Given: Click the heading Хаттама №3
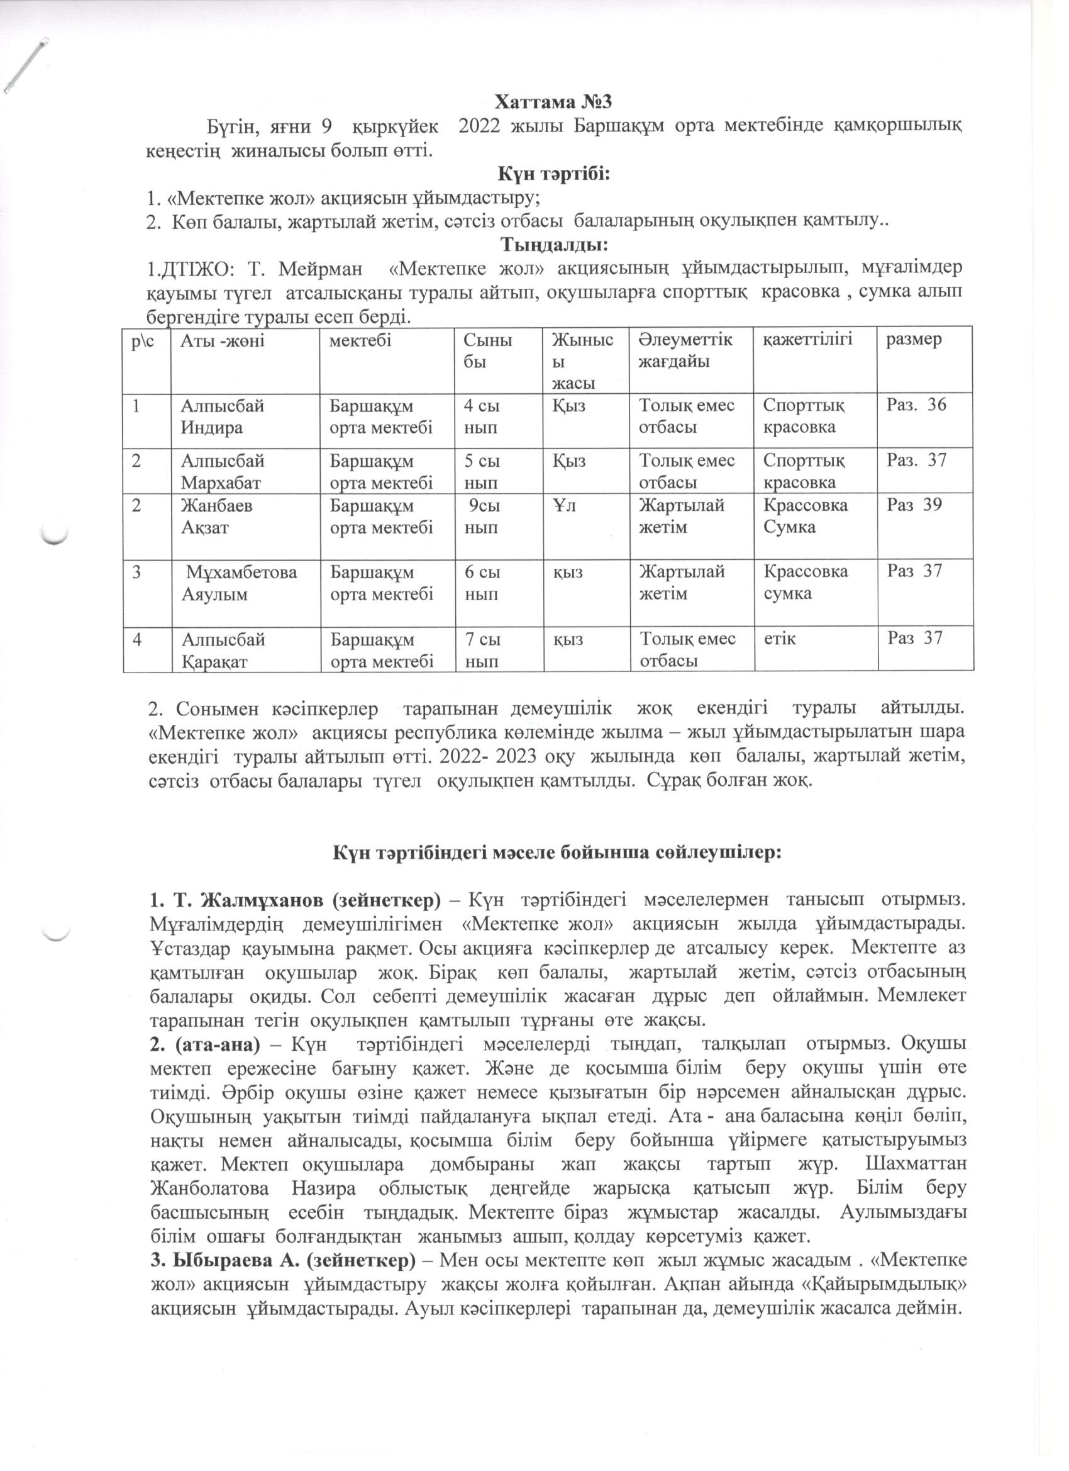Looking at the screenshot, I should click(x=553, y=103).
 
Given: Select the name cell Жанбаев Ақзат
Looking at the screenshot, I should click(x=216, y=517).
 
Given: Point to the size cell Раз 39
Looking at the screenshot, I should click(x=914, y=505).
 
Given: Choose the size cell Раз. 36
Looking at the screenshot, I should click(x=916, y=405).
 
